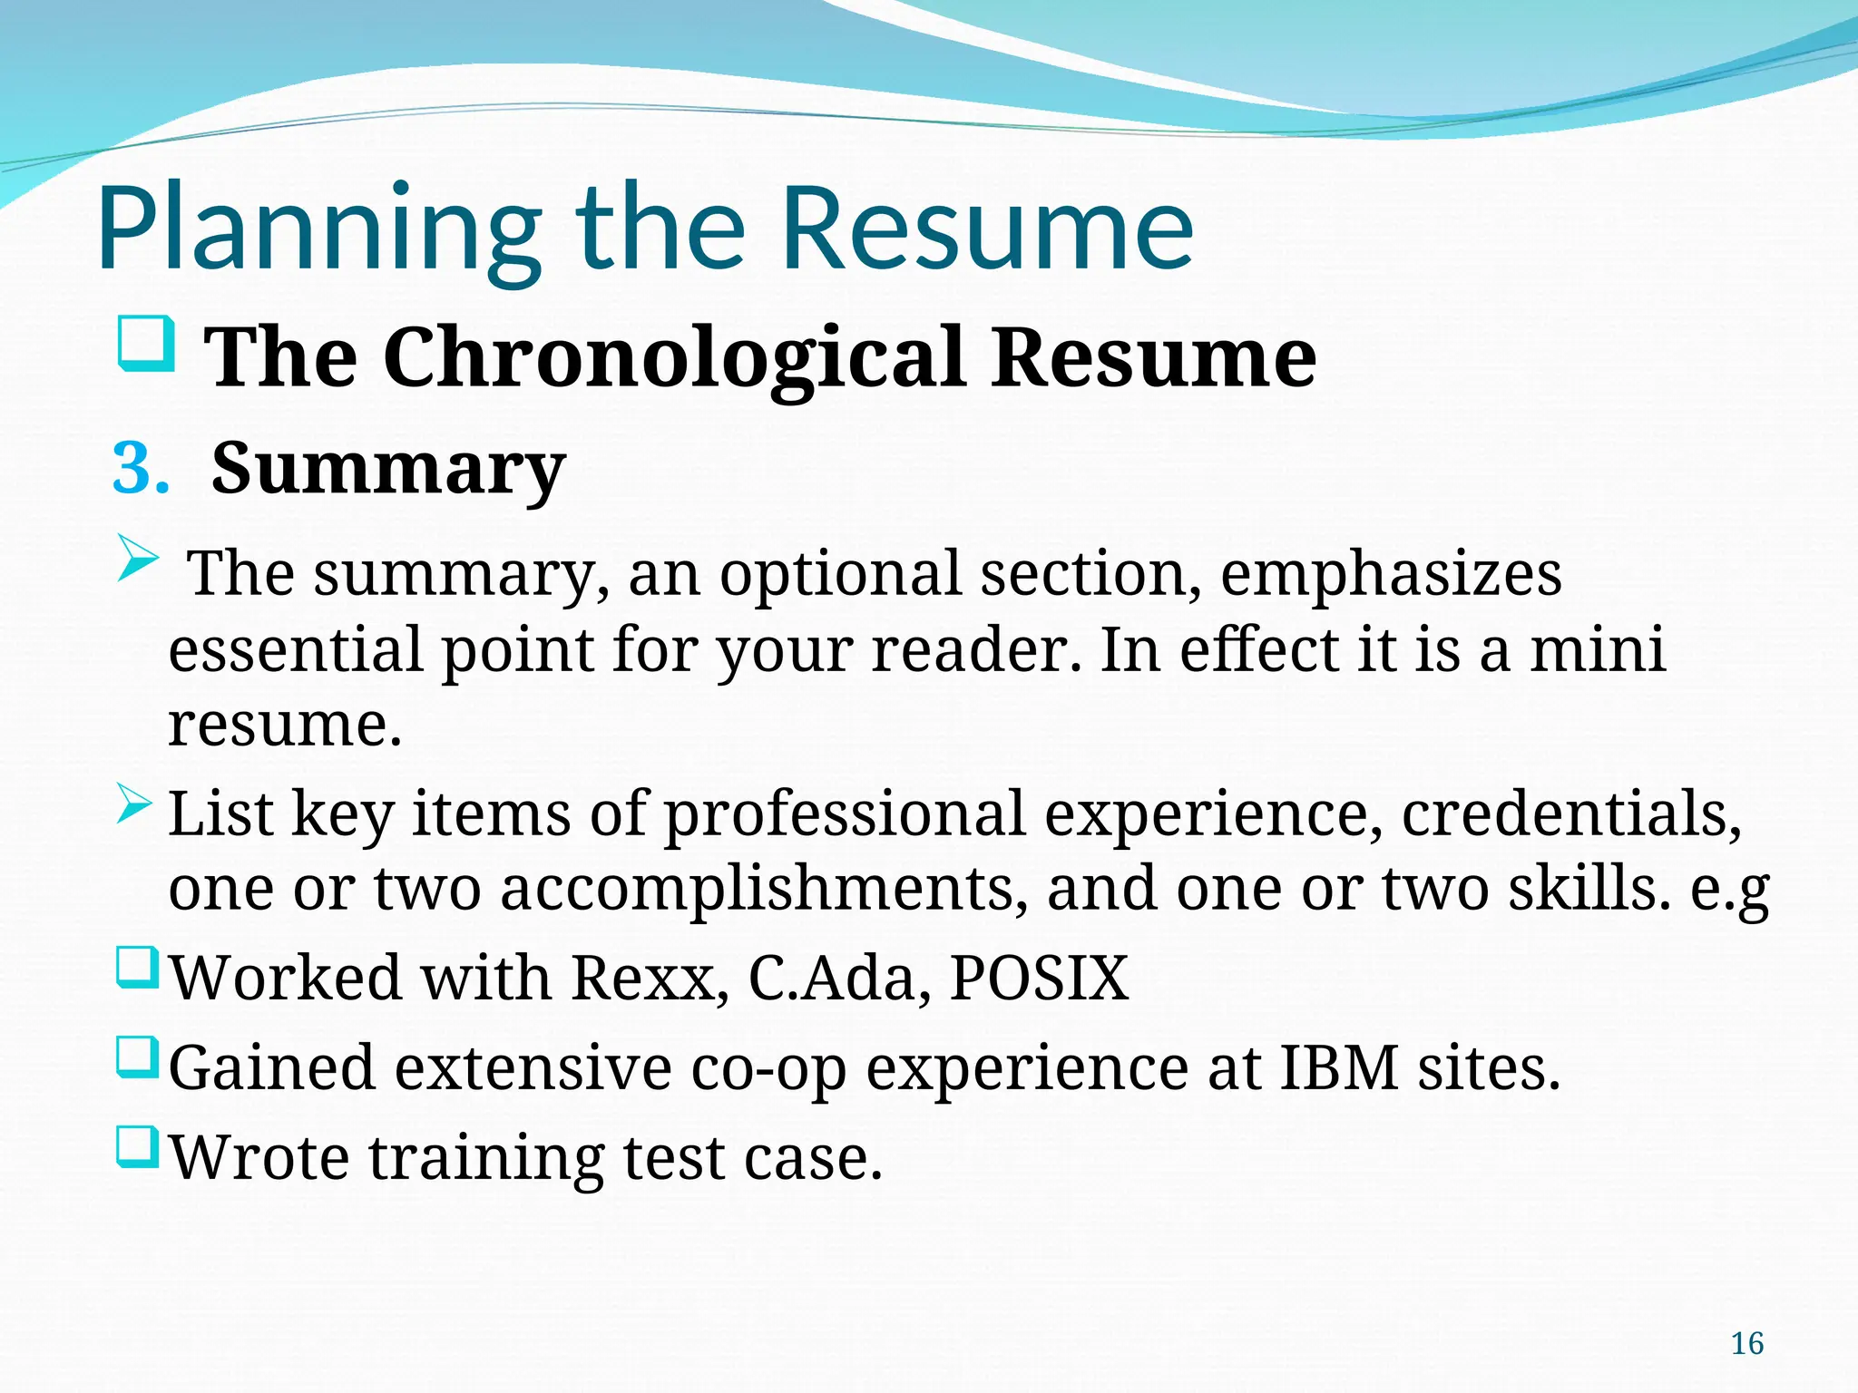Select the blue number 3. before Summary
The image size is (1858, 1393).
pyautogui.click(x=141, y=469)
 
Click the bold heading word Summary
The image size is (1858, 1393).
pyautogui.click(x=388, y=469)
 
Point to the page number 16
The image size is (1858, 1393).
pyautogui.click(x=1746, y=1343)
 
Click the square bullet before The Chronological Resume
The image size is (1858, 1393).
pyautogui.click(x=146, y=344)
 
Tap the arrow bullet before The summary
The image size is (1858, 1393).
pyautogui.click(x=138, y=559)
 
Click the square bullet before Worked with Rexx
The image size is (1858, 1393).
pyautogui.click(x=138, y=969)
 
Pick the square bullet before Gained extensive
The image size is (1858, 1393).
pyautogui.click(x=138, y=1058)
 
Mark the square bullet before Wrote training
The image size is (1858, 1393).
pyautogui.click(x=138, y=1147)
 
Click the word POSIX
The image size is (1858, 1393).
pyautogui.click(x=1039, y=979)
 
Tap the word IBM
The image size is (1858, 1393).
pyautogui.click(x=1339, y=1067)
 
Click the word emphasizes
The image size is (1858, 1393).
pyautogui.click(x=1391, y=574)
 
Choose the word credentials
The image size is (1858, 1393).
pyautogui.click(x=1571, y=813)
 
